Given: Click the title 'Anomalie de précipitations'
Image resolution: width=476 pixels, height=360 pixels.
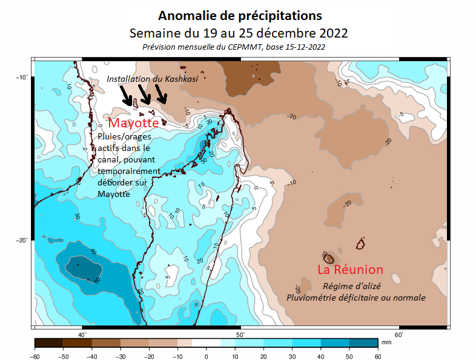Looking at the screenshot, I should tap(239, 15).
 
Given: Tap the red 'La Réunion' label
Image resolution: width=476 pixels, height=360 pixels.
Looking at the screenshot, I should tap(350, 270).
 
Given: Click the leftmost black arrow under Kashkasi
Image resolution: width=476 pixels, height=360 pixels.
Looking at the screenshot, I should tap(127, 95).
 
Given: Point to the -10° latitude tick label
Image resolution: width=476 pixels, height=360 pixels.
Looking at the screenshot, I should tap(22, 77).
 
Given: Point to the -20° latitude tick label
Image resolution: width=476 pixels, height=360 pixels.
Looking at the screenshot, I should tap(22, 240).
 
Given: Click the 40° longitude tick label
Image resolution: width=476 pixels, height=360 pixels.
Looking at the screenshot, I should tap(82, 335).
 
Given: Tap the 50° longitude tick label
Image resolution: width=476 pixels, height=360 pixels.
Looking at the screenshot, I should tap(240, 335).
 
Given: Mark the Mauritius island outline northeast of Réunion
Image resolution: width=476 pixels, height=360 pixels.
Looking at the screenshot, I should tap(362, 244).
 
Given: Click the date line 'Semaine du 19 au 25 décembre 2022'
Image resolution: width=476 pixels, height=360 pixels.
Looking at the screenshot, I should tap(239, 32).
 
